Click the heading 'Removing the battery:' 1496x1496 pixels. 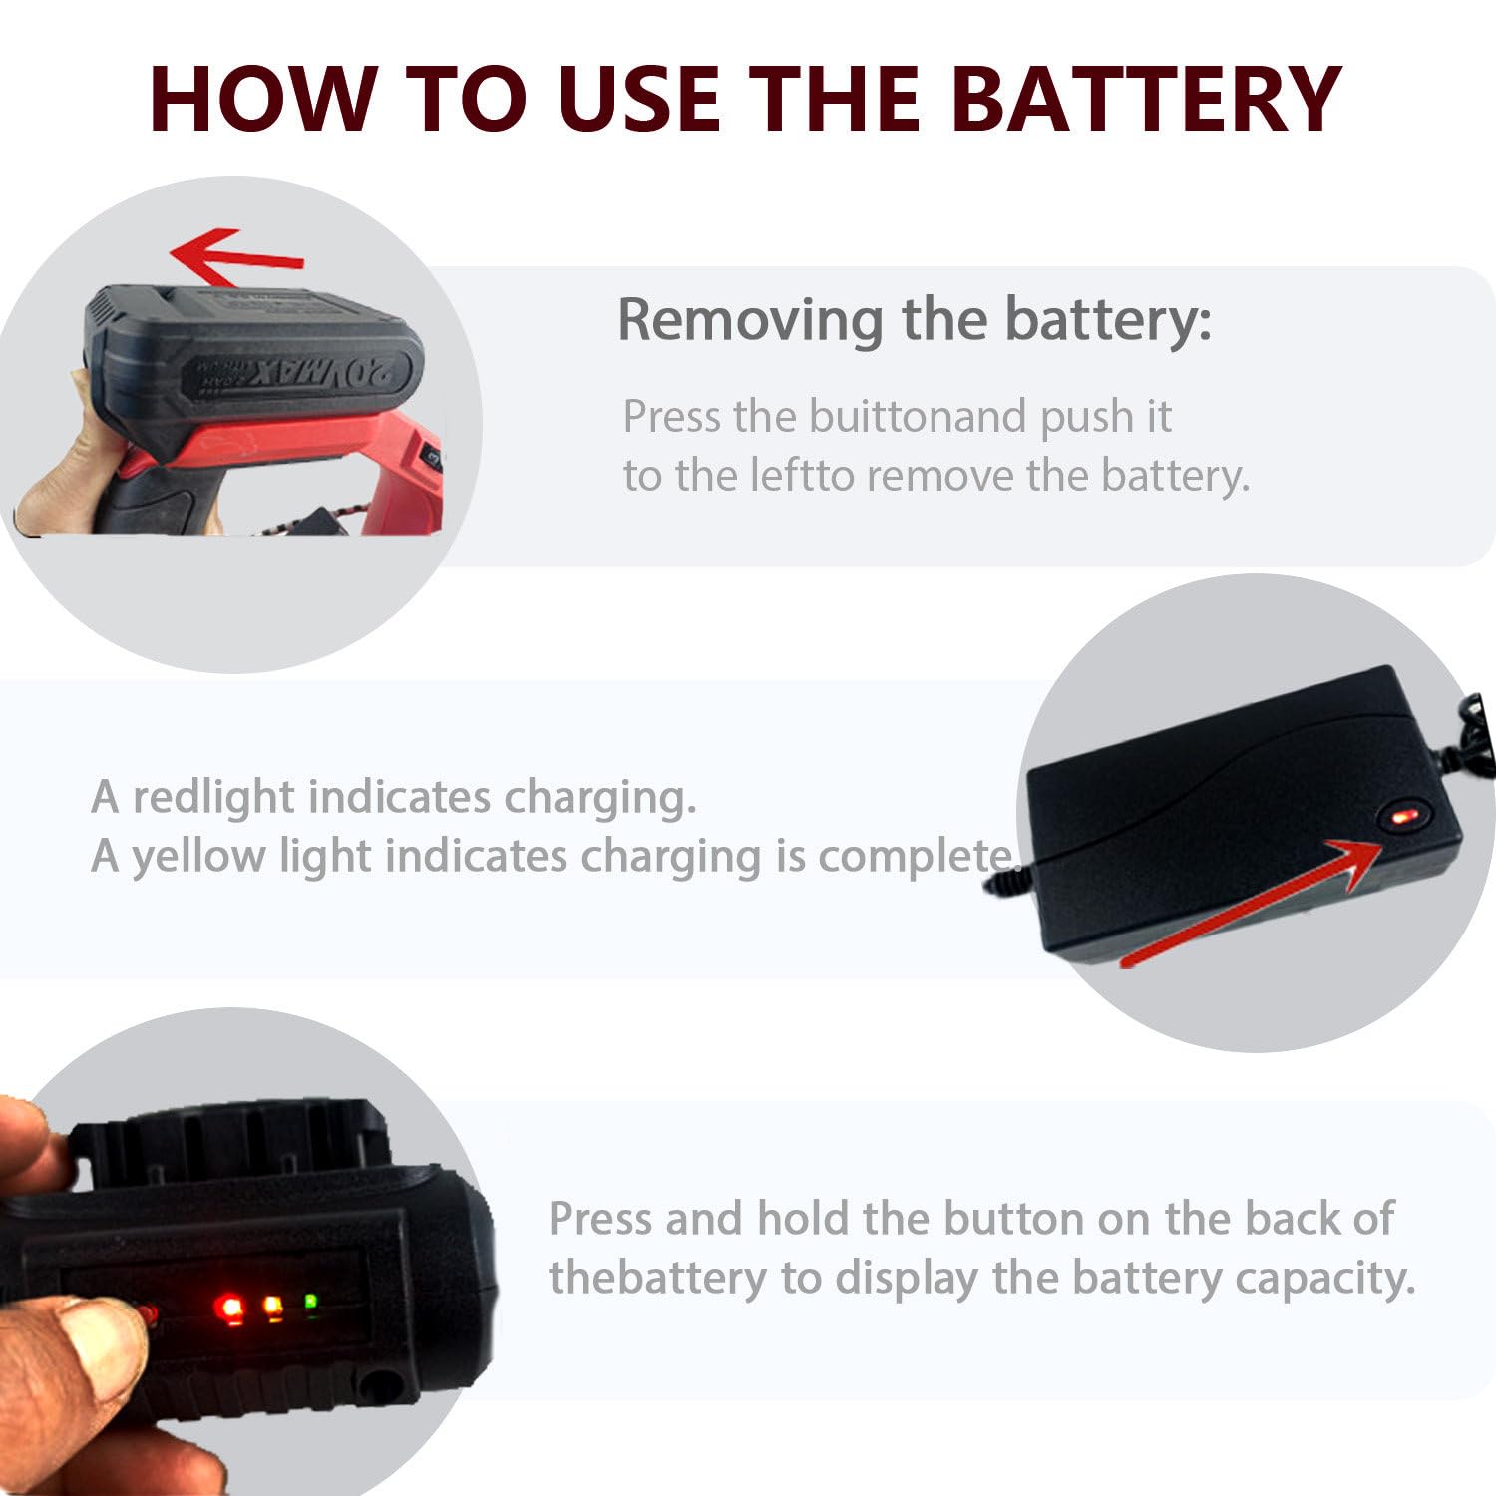pyautogui.click(x=915, y=320)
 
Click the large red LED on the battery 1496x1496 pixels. pyautogui.click(x=230, y=1308)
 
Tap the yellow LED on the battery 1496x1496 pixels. pyautogui.click(x=271, y=1307)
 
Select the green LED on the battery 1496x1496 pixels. pyautogui.click(x=310, y=1302)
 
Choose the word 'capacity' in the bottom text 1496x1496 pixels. pyautogui.click(x=1319, y=1279)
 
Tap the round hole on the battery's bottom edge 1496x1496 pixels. pyautogui.click(x=378, y=1384)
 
